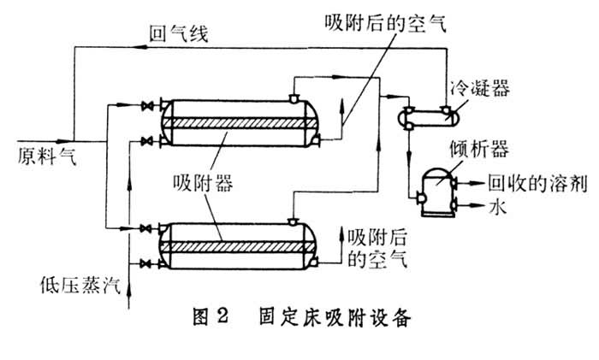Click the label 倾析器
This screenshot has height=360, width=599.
click(x=477, y=150)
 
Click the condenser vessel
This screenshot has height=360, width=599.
click(x=426, y=116)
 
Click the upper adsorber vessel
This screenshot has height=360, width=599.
click(x=240, y=121)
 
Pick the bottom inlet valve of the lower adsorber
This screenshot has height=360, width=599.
click(x=151, y=262)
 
